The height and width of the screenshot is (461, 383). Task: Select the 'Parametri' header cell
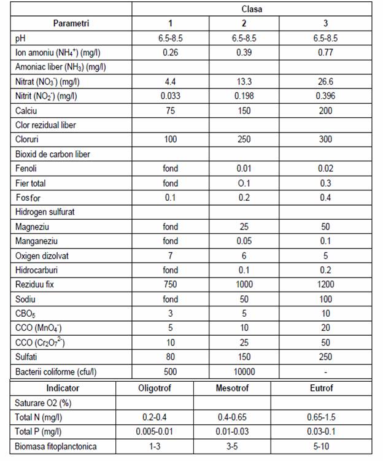pyautogui.click(x=71, y=24)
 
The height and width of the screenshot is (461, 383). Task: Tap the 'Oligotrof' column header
pyautogui.click(x=155, y=388)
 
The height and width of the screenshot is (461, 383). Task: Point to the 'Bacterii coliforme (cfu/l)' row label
pyautogui.click(x=56, y=371)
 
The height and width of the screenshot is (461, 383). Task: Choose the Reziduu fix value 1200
pyautogui.click(x=325, y=284)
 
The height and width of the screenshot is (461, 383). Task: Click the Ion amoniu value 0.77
pyautogui.click(x=325, y=53)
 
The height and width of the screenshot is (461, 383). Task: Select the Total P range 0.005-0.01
pyautogui.click(x=155, y=432)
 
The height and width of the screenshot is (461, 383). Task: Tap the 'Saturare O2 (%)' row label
pyautogui.click(x=42, y=403)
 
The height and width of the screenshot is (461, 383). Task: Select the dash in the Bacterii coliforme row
pyautogui.click(x=325, y=371)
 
